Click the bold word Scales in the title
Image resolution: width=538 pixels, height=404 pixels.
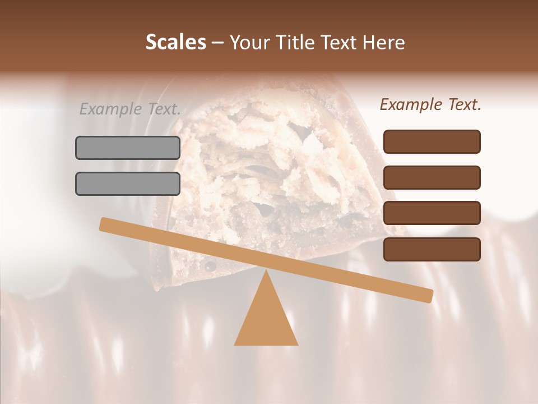point(175,43)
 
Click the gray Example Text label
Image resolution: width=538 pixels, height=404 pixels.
point(130,109)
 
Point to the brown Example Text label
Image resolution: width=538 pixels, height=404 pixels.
point(430,104)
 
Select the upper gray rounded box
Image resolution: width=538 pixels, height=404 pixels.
point(128,148)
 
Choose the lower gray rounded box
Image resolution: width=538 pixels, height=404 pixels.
point(128,183)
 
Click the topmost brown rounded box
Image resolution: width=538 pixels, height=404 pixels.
point(432,141)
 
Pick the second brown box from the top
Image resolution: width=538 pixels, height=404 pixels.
point(432,177)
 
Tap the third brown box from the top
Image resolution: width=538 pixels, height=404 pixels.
point(432,213)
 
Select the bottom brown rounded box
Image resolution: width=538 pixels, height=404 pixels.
point(432,249)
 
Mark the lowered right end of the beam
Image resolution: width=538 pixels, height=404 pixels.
point(428,295)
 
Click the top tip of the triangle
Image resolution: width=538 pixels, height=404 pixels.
point(266,272)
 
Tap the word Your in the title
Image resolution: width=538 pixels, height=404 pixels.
point(251,43)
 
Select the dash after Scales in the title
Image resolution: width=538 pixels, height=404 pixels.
point(218,43)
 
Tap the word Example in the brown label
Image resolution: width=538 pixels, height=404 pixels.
point(411,104)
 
